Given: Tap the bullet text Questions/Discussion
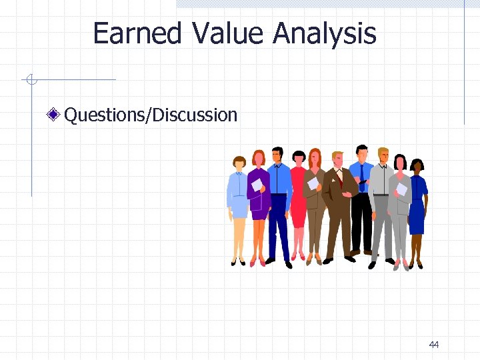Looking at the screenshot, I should [151, 115].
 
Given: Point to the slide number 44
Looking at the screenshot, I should [434, 344].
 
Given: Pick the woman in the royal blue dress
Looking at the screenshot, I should [417, 207].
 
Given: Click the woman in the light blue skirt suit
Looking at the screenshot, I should [238, 200].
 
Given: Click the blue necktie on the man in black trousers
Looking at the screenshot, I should [363, 177].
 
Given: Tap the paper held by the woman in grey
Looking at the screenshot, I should [401, 189].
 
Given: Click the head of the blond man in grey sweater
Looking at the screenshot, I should [383, 156].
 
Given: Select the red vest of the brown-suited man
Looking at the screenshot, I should [340, 181].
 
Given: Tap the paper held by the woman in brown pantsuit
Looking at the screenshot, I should [312, 183].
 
